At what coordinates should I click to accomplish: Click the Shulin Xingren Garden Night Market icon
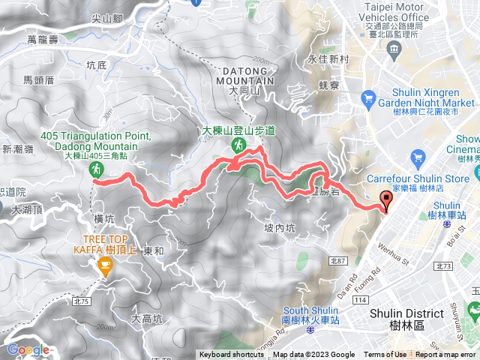(x=367, y=97)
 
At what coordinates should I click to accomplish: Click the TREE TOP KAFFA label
(x=104, y=244)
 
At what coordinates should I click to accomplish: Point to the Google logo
(x=27, y=349)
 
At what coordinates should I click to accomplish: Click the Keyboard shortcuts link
(x=232, y=355)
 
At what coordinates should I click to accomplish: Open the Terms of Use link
(x=385, y=355)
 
